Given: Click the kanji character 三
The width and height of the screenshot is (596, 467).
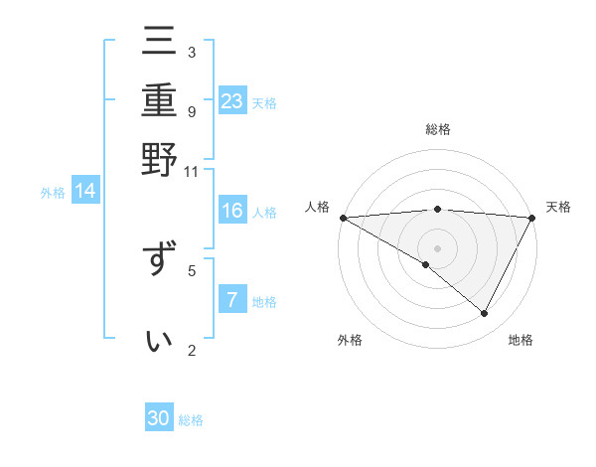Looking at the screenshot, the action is click(160, 44).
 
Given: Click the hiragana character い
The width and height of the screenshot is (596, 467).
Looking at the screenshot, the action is click(160, 341).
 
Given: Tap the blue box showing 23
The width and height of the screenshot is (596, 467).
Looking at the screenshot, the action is click(232, 101).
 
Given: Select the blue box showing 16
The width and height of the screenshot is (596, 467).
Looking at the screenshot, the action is click(232, 211).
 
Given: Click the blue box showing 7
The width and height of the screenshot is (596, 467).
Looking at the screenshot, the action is click(232, 300).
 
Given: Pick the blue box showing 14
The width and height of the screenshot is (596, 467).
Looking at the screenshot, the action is click(85, 192).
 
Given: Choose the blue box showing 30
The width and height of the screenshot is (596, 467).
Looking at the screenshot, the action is click(159, 418).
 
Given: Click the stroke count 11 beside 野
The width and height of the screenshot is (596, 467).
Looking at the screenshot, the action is click(191, 171).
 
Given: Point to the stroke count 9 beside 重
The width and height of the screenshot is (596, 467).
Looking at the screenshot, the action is click(192, 111).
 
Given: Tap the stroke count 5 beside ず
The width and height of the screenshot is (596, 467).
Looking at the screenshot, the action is click(192, 268).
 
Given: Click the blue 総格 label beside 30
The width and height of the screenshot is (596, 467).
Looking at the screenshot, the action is click(191, 420).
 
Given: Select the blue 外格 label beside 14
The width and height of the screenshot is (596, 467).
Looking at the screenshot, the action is click(53, 193).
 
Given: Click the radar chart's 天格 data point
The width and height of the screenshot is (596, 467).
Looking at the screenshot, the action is click(532, 218).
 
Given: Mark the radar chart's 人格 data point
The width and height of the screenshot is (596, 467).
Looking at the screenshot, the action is click(343, 218).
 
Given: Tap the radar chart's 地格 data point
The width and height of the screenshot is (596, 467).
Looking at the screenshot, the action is click(485, 314).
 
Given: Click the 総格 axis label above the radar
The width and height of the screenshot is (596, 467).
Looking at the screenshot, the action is click(438, 129).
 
